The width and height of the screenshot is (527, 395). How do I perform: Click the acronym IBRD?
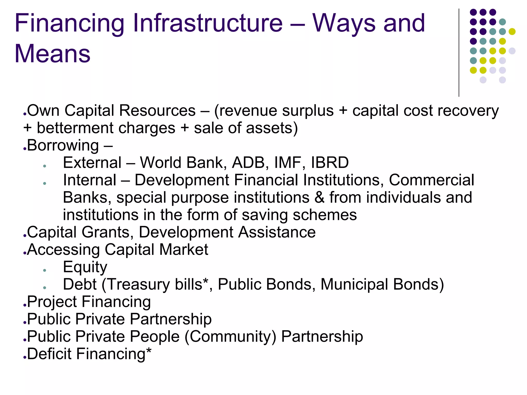pyautogui.click(x=330, y=163)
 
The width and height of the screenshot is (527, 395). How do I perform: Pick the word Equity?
pyautogui.click(x=85, y=267)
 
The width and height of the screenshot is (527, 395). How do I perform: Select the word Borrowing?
pyautogui.click(x=63, y=146)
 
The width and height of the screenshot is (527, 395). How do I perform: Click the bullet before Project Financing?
pyautogui.click(x=25, y=305)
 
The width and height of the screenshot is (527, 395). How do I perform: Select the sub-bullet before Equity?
pyautogui.click(x=45, y=270)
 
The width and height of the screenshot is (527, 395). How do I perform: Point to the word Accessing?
pyautogui.click(x=63, y=250)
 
